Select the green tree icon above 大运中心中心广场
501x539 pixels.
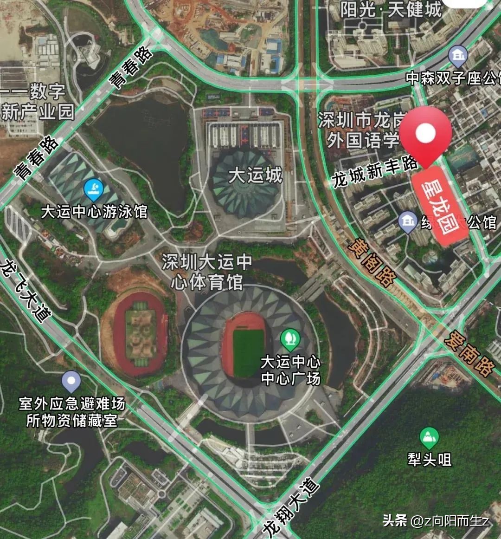[290, 339]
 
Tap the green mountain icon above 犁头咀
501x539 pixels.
[429, 437]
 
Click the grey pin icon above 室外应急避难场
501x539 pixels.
[71, 382]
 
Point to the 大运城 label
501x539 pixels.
[255, 175]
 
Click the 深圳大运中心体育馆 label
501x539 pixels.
[207, 272]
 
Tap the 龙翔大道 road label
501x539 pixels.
[291, 507]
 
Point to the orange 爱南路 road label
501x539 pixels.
[469, 352]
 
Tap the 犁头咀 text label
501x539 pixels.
[430, 460]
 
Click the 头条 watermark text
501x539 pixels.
[395, 520]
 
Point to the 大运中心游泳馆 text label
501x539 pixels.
[94, 212]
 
